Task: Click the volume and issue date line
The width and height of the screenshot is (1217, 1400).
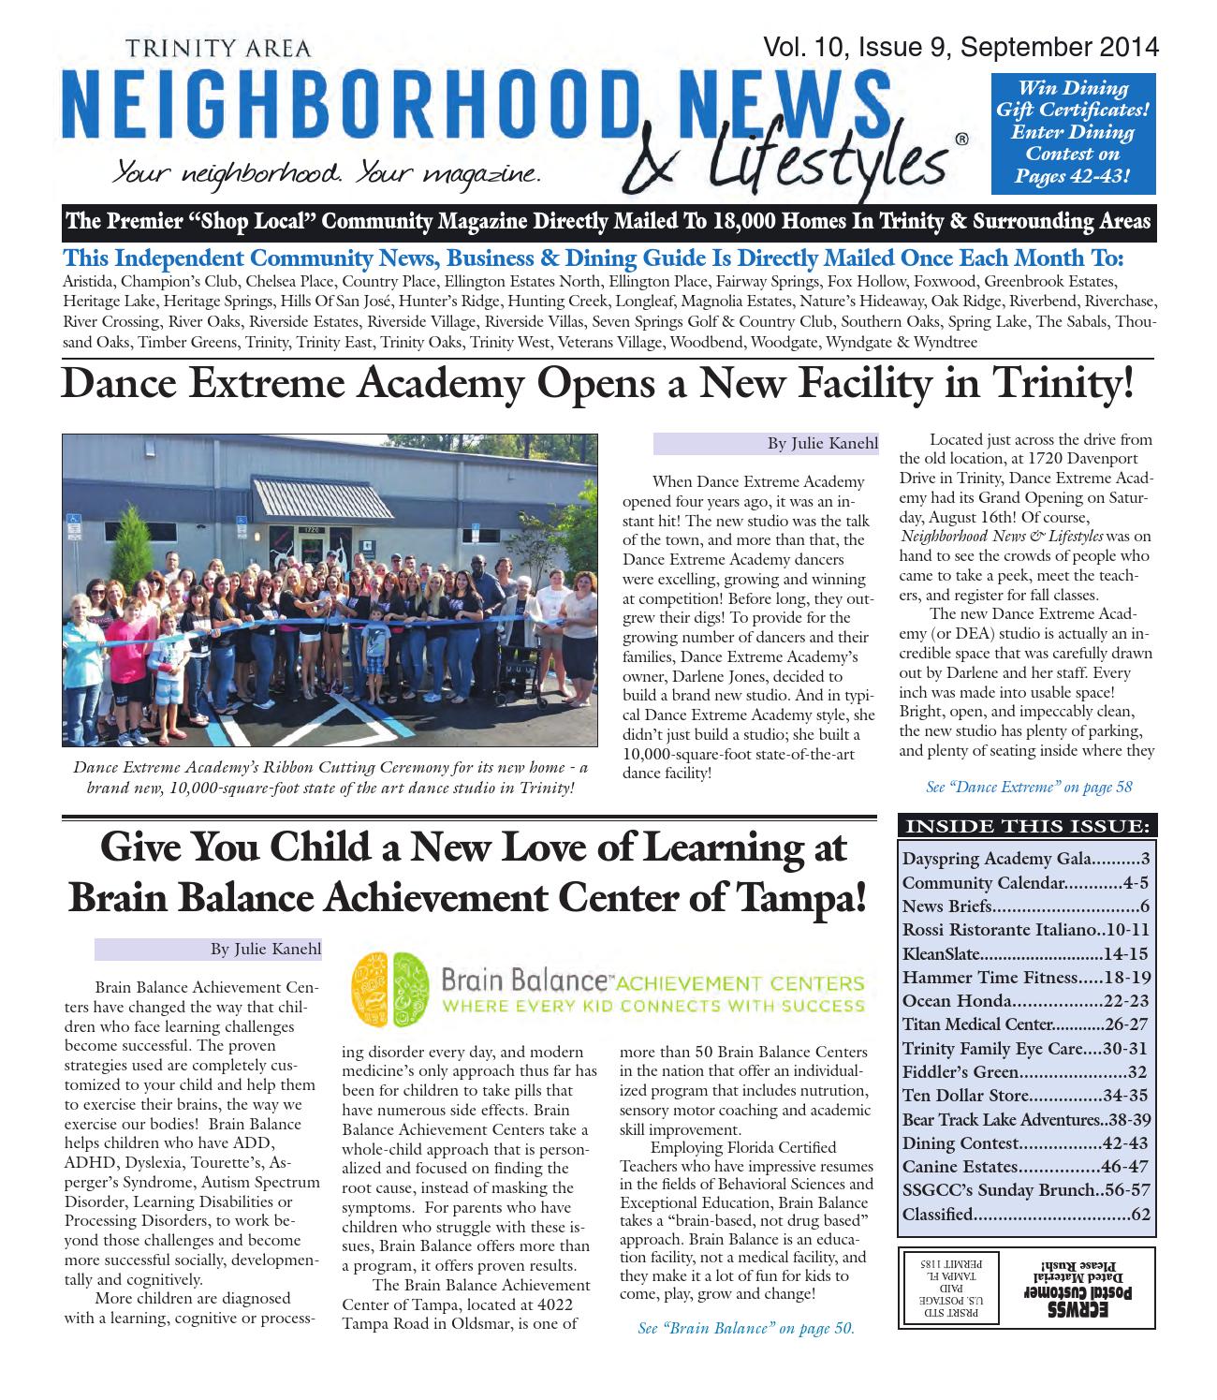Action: [x=960, y=48]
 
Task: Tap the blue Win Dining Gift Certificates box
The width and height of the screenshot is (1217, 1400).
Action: [x=1073, y=132]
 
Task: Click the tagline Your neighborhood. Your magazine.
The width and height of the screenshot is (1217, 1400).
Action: [x=325, y=173]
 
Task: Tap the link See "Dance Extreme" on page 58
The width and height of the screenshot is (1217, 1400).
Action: [x=1029, y=787]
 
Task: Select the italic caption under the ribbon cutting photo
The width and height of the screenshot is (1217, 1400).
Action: [x=330, y=777]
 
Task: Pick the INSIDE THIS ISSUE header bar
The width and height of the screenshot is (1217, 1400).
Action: [x=1027, y=826]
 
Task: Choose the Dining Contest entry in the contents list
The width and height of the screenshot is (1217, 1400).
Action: [x=1026, y=1143]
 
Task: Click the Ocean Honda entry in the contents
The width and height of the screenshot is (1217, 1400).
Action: [x=1026, y=1001]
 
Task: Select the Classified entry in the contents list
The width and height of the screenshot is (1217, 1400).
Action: [x=1026, y=1215]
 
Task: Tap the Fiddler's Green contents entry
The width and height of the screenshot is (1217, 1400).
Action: [x=1026, y=1072]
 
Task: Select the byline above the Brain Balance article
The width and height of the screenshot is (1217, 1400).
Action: [x=265, y=950]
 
